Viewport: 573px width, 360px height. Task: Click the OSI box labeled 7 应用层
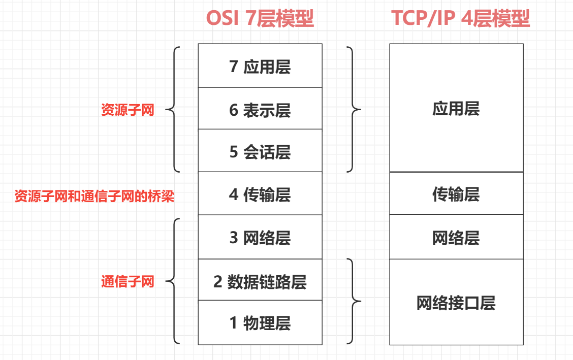[260, 66]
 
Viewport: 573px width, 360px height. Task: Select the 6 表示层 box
[260, 109]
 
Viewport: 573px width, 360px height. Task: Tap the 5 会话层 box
[260, 151]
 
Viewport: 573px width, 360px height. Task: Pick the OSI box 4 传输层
[260, 194]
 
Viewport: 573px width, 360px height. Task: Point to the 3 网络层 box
[260, 237]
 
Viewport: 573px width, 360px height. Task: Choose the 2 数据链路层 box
[260, 281]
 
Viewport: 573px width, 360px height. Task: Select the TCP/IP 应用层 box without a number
[456, 108]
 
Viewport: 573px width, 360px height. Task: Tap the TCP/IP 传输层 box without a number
[456, 193]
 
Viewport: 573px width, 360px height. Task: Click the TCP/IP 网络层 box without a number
[456, 237]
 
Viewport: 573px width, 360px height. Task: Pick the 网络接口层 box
[456, 303]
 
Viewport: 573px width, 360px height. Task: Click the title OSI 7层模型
[260, 19]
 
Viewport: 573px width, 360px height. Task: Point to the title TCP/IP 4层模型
[460, 19]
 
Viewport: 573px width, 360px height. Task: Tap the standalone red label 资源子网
[128, 110]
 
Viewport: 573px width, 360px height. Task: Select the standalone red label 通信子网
[128, 281]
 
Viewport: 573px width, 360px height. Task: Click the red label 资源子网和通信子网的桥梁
[94, 196]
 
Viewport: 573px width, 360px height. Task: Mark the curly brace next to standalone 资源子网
[173, 109]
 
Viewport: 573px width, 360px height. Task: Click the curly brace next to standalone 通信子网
[173, 281]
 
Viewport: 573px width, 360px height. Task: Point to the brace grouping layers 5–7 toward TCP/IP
[353, 109]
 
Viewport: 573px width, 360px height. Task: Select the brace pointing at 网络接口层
[353, 302]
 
